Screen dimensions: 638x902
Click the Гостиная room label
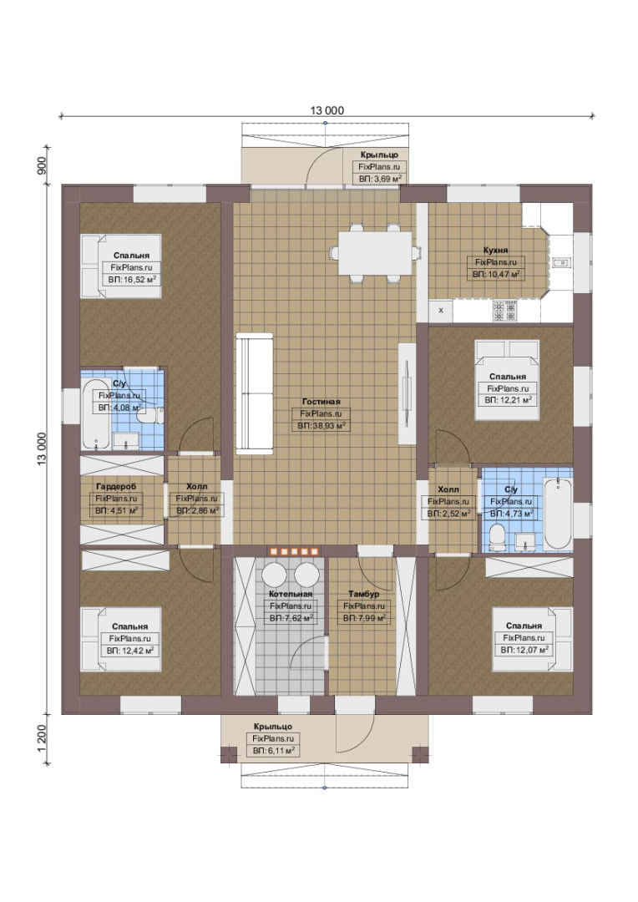point(321,402)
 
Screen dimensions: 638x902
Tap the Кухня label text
point(495,251)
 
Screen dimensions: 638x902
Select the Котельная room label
point(291,594)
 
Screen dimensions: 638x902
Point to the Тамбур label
point(363,594)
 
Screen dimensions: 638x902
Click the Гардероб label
point(116,487)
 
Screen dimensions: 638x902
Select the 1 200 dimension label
point(42,738)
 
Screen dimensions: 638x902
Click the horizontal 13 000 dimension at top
point(327,110)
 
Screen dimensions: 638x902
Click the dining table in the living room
point(374,253)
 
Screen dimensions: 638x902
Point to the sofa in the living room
point(254,393)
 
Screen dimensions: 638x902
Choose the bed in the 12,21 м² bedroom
point(507,380)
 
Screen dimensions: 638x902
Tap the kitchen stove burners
point(504,312)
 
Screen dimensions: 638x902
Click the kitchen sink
point(560,263)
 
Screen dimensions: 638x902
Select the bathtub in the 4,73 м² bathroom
point(558,513)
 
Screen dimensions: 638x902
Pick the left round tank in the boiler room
point(275,574)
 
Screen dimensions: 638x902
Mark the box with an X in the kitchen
point(441,311)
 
